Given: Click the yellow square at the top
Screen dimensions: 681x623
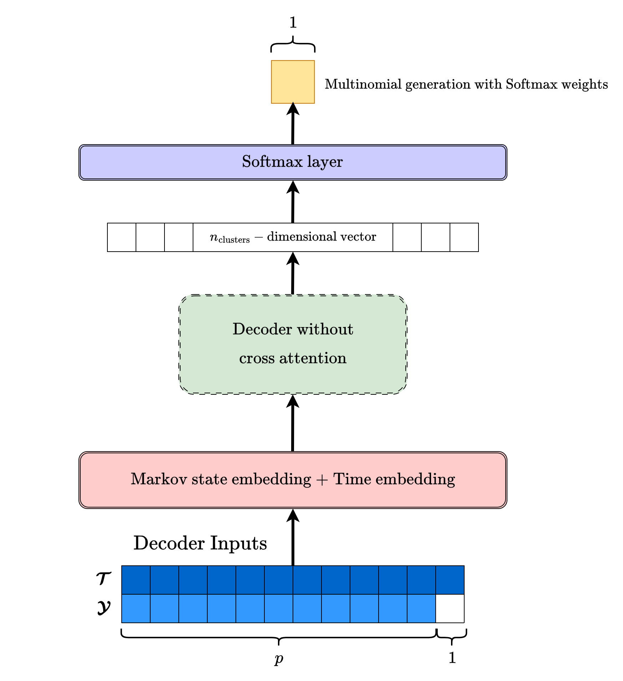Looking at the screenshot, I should click(293, 82).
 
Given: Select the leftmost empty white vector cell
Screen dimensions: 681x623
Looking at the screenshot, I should click(122, 237).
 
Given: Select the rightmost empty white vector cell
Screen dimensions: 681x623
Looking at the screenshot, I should click(464, 237).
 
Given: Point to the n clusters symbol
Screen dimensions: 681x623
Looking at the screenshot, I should click(229, 237).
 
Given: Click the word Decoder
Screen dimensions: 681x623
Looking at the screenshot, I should click(262, 329).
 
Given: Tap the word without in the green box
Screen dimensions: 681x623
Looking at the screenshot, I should click(325, 329).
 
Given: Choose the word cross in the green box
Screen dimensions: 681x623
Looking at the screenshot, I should click(257, 358).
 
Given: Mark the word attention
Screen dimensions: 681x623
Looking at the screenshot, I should click(313, 358).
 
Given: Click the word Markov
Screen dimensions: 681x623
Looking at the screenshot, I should click(159, 479).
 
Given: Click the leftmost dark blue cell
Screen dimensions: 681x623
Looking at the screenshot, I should click(136, 580).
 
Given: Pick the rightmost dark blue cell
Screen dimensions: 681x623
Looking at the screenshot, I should click(450, 580).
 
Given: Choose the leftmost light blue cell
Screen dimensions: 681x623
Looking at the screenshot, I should click(136, 609).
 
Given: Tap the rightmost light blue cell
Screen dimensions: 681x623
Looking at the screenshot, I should click(421, 609).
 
